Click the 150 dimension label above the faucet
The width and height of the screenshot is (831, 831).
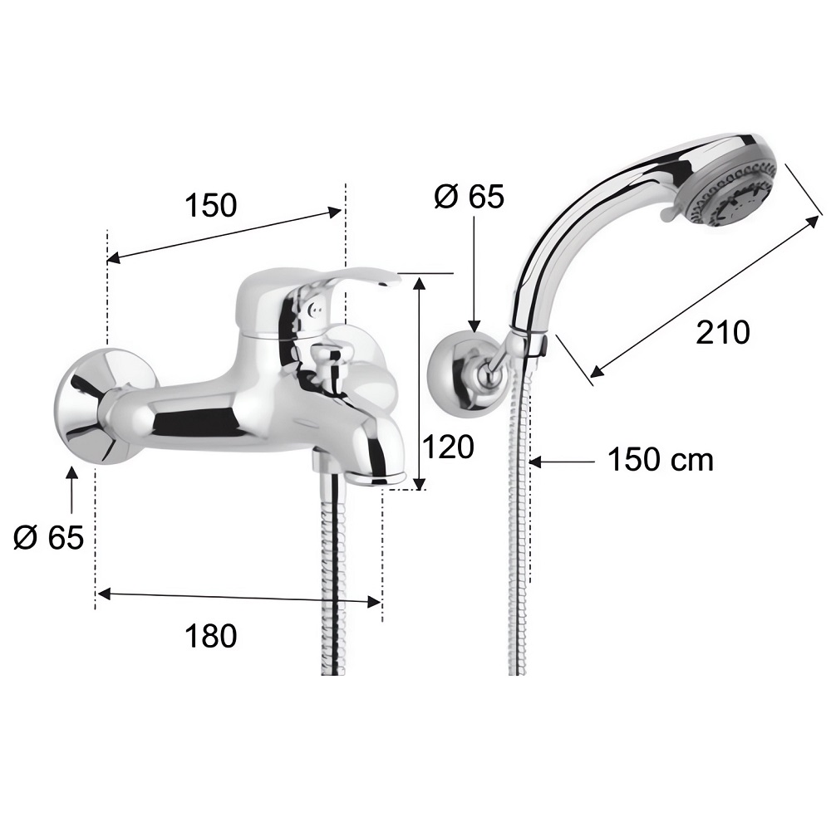click(x=211, y=205)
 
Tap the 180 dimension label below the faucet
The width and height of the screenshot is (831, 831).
click(x=211, y=635)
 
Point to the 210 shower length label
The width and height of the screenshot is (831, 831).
click(x=723, y=332)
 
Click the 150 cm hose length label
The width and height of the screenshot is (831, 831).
click(x=660, y=459)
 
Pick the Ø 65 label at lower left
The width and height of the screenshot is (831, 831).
click(x=49, y=537)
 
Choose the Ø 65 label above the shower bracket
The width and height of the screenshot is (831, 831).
click(x=469, y=197)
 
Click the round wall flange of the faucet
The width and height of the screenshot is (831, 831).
click(x=91, y=406)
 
